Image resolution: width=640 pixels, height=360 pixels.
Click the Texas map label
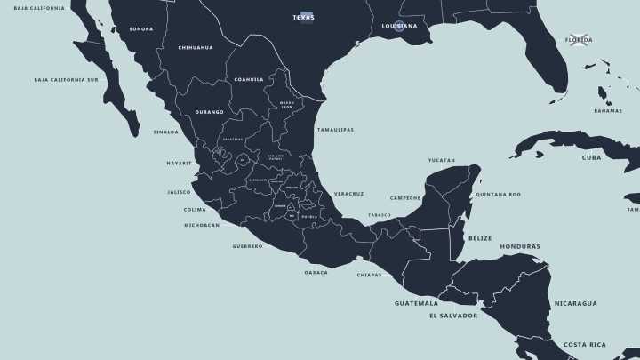click(x=303, y=17)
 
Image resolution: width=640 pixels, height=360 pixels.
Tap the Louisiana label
click(x=399, y=26)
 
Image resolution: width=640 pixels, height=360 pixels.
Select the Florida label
click(x=579, y=39)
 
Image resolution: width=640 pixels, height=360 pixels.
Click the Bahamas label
click(x=608, y=111)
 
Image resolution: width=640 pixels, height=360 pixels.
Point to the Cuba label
click(x=591, y=157)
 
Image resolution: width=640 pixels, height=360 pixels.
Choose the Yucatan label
click(x=441, y=160)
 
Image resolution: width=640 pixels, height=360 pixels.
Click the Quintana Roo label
click(x=498, y=194)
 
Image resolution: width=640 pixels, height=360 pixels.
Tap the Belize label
click(x=480, y=237)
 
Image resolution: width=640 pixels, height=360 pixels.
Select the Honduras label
click(x=520, y=246)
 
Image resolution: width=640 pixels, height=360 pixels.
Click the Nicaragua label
click(x=576, y=303)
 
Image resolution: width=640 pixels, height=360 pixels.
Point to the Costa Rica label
click(x=585, y=344)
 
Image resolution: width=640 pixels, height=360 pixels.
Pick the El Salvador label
click(x=453, y=316)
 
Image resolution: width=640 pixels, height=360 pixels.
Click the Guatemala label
click(x=417, y=303)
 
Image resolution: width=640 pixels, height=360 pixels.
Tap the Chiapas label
click(x=369, y=275)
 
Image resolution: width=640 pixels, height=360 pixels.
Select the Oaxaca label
click(x=316, y=272)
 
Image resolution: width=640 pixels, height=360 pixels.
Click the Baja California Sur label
click(x=66, y=79)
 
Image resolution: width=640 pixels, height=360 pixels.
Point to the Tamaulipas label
click(x=335, y=130)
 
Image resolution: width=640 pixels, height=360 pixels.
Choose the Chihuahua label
click(x=195, y=47)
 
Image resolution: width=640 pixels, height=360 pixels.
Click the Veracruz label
click(x=348, y=193)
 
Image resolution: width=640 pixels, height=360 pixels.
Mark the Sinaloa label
click(x=165, y=132)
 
